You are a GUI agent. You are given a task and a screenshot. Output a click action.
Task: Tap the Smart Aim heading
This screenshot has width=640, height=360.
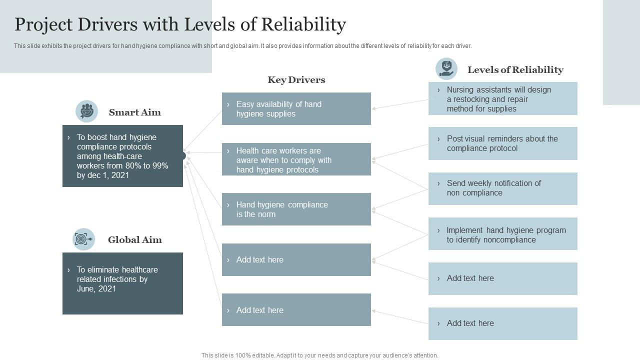[135, 112]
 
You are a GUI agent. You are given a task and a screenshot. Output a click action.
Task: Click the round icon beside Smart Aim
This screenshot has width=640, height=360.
[86, 111]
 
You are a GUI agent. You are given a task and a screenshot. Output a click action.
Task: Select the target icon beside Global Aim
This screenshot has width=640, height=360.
[83, 239]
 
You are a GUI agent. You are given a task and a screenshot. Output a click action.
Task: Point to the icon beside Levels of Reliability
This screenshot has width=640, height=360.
[446, 69]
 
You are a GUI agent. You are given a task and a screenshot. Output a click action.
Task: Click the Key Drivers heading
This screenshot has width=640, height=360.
[296, 80]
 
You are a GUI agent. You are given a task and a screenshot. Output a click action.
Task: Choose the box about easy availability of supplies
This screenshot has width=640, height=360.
[296, 108]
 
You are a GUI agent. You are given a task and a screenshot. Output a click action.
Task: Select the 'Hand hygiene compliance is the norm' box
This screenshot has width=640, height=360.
[296, 209]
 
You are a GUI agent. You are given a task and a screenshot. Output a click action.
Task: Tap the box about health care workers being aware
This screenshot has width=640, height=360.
[296, 159]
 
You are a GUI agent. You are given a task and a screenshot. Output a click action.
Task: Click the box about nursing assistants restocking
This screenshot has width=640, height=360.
[502, 98]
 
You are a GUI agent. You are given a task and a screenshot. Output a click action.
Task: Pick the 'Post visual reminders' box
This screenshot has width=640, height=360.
[502, 143]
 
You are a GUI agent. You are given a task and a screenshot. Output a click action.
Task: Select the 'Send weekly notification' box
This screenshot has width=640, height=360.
[502, 188]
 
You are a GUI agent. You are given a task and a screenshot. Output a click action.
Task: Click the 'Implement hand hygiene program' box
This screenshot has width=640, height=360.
[502, 233]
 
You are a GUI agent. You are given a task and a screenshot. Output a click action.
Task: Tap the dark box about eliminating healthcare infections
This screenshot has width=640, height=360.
[122, 283]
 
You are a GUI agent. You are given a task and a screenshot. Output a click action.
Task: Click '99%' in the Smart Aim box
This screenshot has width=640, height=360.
[160, 166]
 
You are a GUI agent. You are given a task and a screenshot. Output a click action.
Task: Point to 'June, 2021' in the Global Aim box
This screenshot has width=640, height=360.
[96, 289]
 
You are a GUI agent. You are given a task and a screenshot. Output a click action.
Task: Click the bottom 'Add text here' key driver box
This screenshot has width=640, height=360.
[296, 309]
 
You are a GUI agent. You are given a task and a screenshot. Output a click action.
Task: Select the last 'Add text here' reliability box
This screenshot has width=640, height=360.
[502, 323]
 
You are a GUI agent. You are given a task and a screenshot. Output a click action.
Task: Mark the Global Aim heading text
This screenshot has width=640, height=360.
[135, 240]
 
